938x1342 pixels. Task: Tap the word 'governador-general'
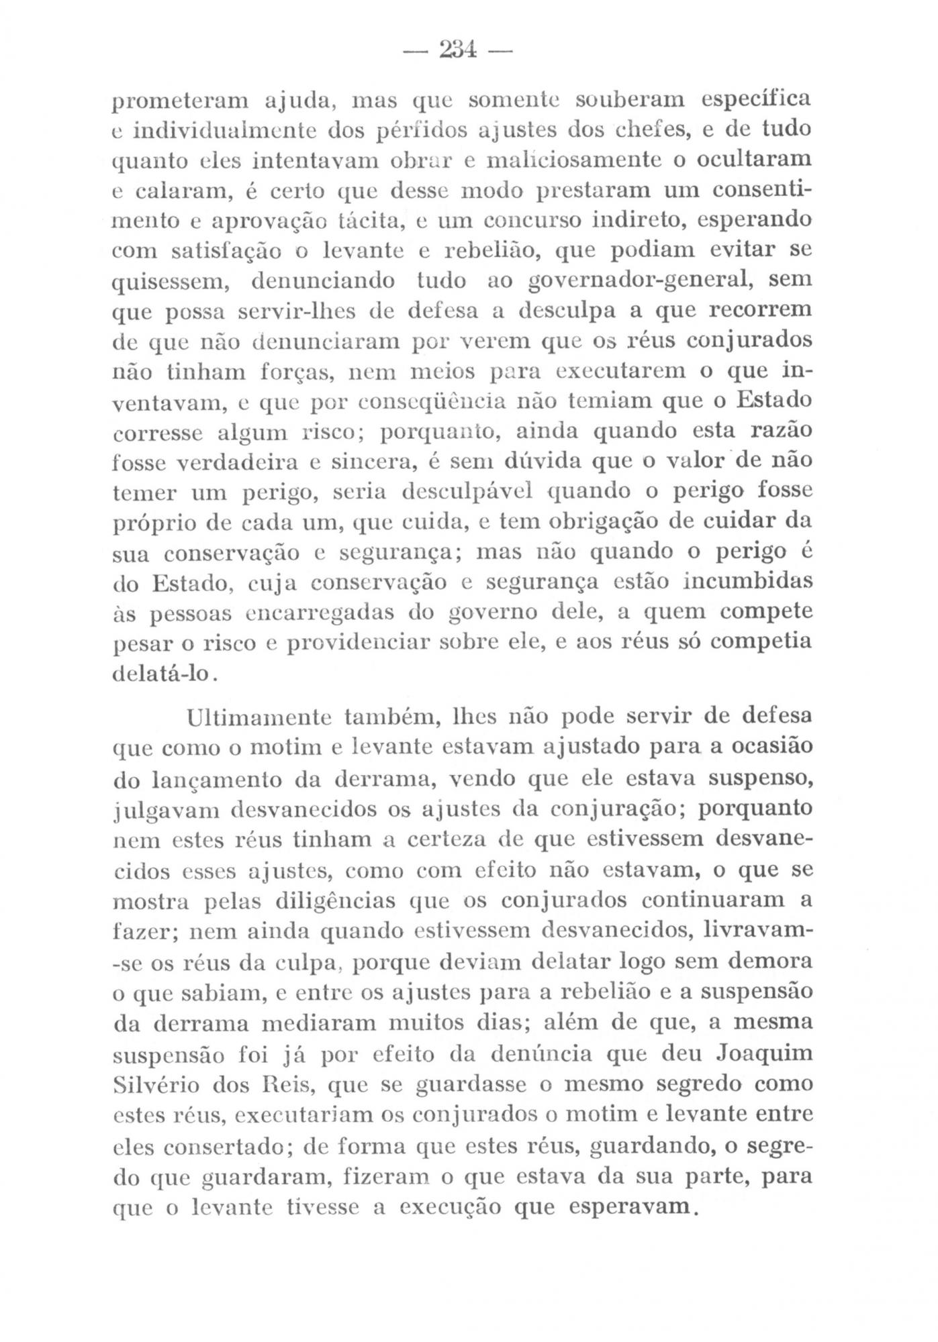pos(639,279)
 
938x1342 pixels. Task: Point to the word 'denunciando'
pos(322,279)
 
